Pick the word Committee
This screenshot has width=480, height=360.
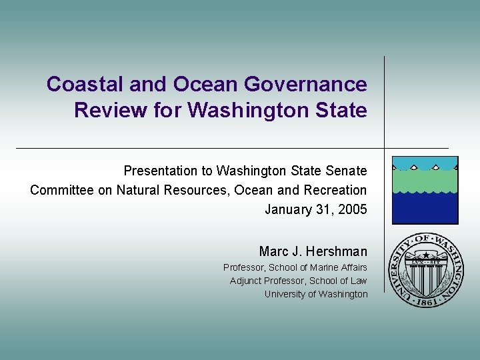pyautogui.click(x=61, y=190)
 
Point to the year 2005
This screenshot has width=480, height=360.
pyautogui.click(x=352, y=209)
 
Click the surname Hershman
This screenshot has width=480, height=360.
pyautogui.click(x=337, y=251)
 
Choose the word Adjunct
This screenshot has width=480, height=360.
pyautogui.click(x=247, y=281)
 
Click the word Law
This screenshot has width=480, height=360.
pyautogui.click(x=359, y=281)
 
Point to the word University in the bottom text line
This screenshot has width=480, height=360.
pyautogui.click(x=283, y=294)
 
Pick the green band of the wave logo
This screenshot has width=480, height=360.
pyautogui.click(x=425, y=181)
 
